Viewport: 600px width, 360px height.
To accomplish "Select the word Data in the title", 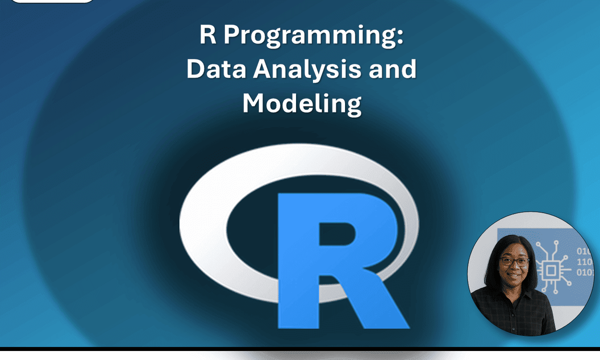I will pos(216,69).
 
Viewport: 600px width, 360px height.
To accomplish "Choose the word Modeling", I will pos(301,103).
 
